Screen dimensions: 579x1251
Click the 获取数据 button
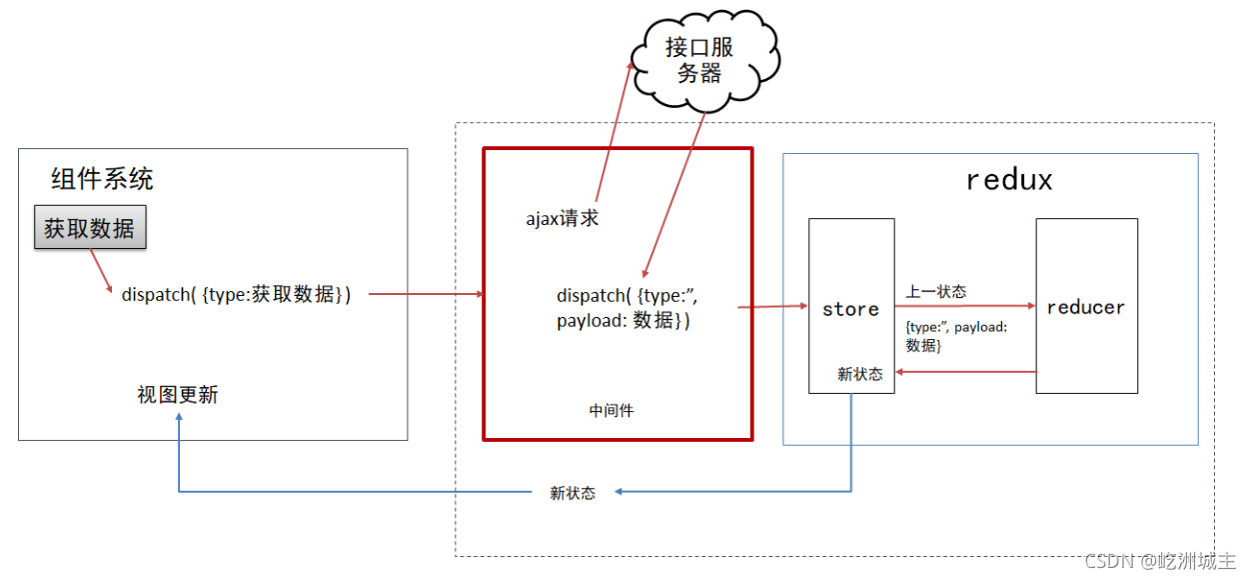[90, 228]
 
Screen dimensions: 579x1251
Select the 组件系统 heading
[102, 180]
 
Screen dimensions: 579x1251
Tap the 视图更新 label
[177, 395]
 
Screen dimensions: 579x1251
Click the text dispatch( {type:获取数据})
[236, 294]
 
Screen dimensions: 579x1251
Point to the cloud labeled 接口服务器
[699, 60]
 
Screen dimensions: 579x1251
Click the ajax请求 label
[563, 218]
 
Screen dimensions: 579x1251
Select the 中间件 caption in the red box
[612, 410]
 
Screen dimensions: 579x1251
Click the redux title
[1009, 180]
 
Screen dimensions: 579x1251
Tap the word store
[850, 309]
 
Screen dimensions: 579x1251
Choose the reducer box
[1086, 306]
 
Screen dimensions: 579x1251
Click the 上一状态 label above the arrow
[936, 292]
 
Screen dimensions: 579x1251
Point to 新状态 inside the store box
[859, 374]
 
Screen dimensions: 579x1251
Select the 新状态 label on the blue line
[573, 493]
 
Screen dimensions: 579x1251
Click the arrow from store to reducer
[964, 307]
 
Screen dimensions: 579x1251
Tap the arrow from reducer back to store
[964, 372]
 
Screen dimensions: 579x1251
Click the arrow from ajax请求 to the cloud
[614, 130]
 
